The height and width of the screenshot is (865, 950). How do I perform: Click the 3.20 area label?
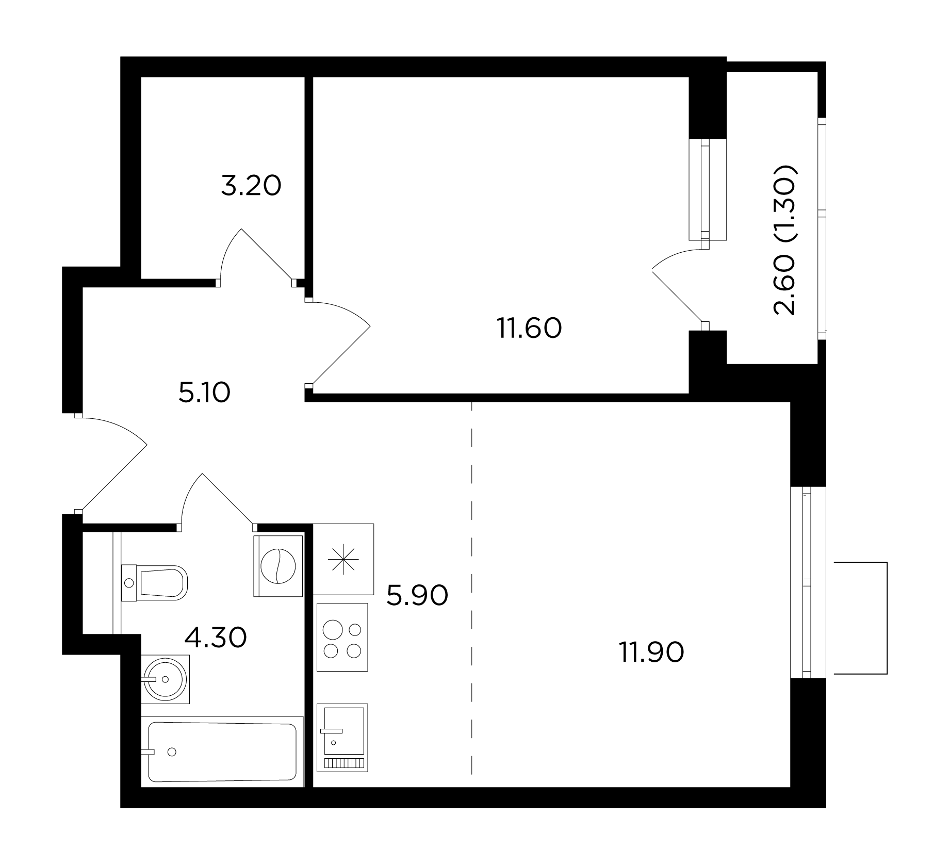point(251,186)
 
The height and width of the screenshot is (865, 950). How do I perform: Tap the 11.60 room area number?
point(529,328)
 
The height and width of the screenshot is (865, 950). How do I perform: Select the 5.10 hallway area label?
point(204,393)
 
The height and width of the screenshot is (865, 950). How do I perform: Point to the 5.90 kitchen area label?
point(417,595)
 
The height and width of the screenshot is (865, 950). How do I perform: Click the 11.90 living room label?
point(651,652)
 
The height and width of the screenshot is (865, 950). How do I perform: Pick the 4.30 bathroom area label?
point(216,637)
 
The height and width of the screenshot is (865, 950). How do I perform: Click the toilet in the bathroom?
point(154,583)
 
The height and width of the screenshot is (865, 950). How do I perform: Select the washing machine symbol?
point(278,566)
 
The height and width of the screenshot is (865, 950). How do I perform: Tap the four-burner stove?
point(342,637)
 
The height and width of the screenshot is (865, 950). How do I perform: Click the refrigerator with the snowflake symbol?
point(343,559)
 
